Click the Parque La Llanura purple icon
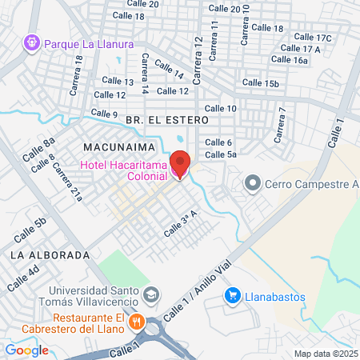point(32,42)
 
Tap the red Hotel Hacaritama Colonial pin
point(179,164)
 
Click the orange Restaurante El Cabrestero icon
point(137,322)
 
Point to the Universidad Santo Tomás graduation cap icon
point(150,296)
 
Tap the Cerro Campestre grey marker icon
point(253,184)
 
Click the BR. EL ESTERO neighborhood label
point(166,119)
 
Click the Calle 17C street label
point(313,38)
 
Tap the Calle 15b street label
point(262,83)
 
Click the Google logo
point(27,350)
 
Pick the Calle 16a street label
point(290,60)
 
